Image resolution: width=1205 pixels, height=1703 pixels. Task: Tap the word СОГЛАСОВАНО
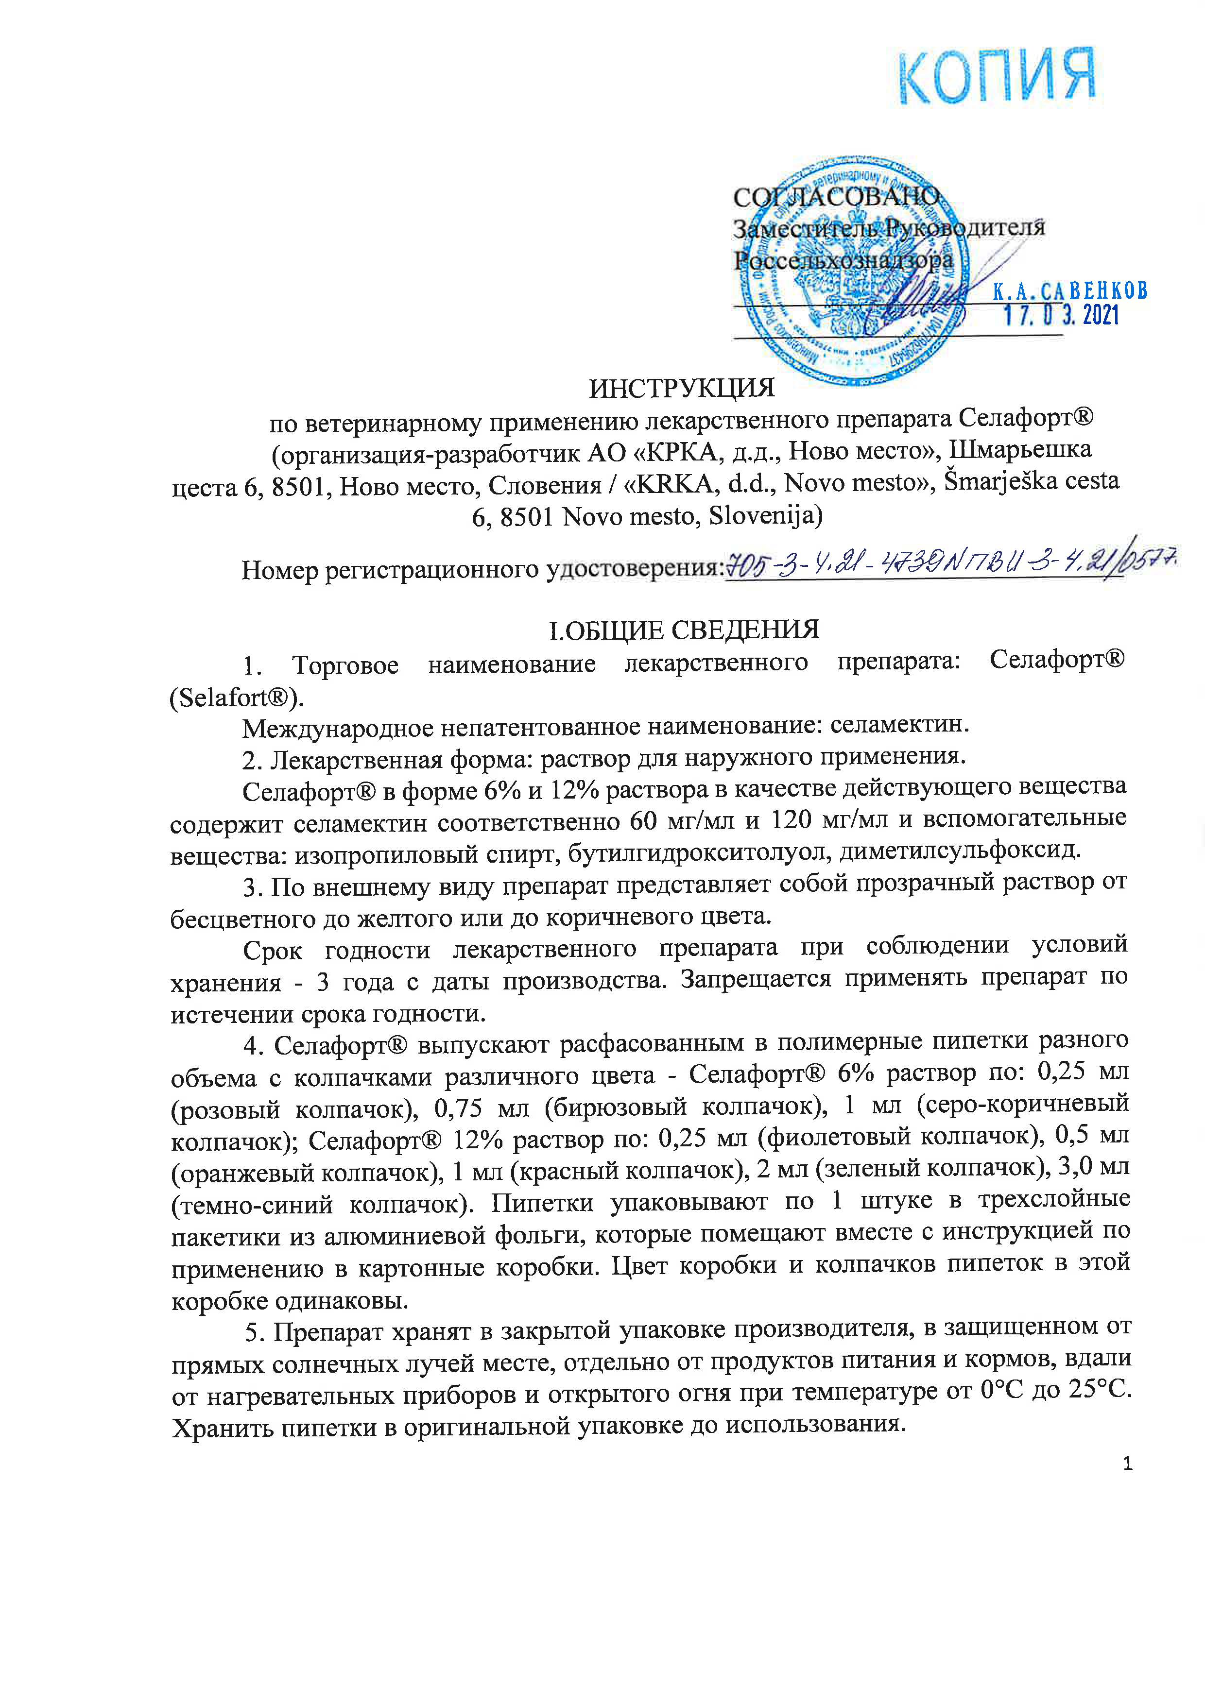836,197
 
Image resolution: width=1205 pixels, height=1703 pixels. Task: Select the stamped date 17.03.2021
1061,316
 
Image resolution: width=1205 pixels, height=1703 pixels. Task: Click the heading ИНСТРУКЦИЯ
682,388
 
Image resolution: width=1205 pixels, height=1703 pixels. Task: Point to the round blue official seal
846,271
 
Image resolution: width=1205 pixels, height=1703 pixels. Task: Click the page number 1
1128,1464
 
